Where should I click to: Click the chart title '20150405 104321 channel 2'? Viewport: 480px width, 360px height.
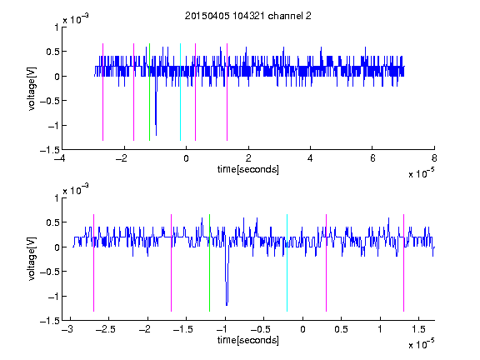(248, 16)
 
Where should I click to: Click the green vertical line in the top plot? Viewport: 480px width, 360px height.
(149, 92)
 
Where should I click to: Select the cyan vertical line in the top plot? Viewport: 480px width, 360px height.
(180, 92)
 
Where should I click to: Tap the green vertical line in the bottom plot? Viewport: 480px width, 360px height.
(209, 263)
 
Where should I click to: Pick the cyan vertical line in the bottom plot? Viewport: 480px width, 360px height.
(287, 263)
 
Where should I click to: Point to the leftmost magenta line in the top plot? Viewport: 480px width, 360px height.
(102, 92)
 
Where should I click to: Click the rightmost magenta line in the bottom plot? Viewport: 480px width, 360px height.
(403, 263)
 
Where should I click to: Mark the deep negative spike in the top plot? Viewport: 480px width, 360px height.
(156, 110)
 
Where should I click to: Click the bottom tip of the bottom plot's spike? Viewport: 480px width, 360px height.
(227, 306)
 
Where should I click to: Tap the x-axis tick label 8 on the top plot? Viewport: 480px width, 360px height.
(434, 158)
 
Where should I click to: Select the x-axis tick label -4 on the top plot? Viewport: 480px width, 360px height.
(60, 158)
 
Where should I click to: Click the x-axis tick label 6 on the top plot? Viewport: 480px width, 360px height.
(372, 158)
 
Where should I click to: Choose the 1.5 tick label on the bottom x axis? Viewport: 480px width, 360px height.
(419, 329)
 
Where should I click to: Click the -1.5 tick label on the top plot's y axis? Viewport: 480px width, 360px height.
(50, 150)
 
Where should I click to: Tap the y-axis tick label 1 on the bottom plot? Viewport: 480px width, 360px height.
(57, 198)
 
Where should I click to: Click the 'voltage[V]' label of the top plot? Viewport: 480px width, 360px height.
(32, 88)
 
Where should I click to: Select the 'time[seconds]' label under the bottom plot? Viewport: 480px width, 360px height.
(248, 340)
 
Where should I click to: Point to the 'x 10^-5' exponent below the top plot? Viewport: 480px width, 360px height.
(422, 172)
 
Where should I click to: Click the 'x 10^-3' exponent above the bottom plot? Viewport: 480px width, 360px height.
(76, 189)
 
